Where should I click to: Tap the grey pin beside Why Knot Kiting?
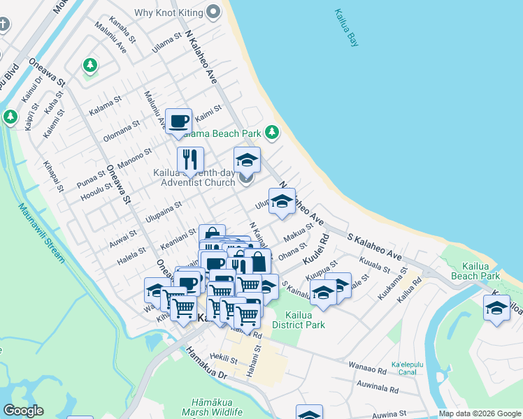(x=213, y=12)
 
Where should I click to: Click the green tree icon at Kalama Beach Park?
(x=271, y=132)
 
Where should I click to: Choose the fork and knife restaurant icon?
(x=189, y=160)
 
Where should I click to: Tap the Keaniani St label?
(x=178, y=235)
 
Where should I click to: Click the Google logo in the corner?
(x=23, y=411)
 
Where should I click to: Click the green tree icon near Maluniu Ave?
(x=89, y=66)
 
